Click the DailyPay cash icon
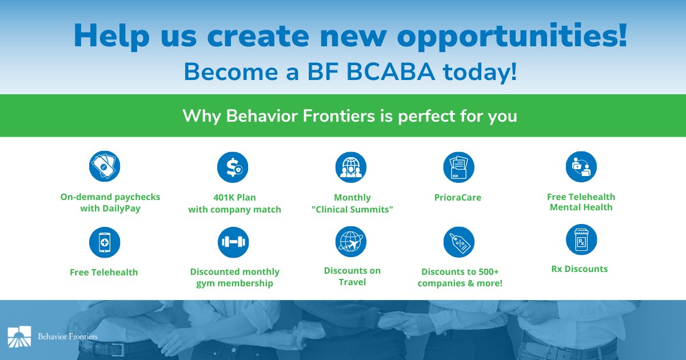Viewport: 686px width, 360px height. pyautogui.click(x=105, y=167)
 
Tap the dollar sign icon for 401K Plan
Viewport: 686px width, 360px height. pyautogui.click(x=233, y=167)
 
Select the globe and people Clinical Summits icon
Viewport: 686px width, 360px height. pyautogui.click(x=350, y=167)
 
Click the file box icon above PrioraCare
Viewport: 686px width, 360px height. pyautogui.click(x=458, y=167)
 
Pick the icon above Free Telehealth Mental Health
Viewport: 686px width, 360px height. pyautogui.click(x=581, y=167)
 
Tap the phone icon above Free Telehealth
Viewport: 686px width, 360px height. pyautogui.click(x=105, y=242)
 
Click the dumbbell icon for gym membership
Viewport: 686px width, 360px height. pyautogui.click(x=233, y=242)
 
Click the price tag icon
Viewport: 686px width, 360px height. pyautogui.click(x=458, y=242)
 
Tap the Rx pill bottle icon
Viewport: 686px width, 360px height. pyautogui.click(x=581, y=239)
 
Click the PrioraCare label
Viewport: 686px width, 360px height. pyautogui.click(x=457, y=198)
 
